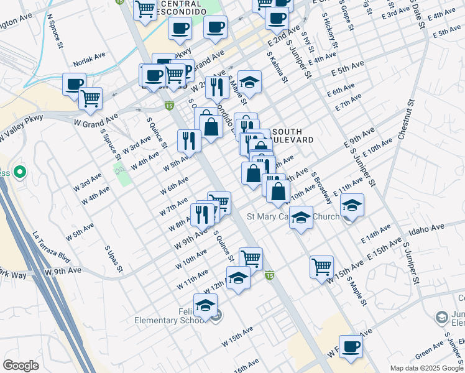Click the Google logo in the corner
click(x=21, y=366)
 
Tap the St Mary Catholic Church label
click(x=293, y=217)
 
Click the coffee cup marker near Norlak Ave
click(x=74, y=84)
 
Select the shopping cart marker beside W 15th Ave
click(x=321, y=267)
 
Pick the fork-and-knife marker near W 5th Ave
click(x=189, y=140)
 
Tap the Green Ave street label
click(x=429, y=352)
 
